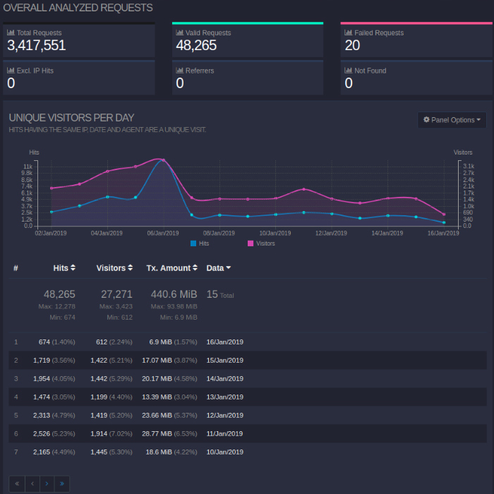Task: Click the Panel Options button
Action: click(452, 120)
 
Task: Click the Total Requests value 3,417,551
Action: click(36, 46)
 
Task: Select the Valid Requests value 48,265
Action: click(196, 46)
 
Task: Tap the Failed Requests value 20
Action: click(352, 46)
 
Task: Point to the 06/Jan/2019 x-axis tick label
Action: click(162, 233)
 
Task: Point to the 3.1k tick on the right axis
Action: click(468, 167)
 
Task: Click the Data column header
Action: click(218, 268)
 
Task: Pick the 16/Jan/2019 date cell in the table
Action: click(224, 342)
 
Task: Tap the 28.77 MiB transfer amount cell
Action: click(156, 434)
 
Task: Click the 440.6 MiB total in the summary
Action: click(174, 294)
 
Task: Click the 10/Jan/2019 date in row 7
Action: click(224, 452)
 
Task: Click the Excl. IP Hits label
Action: click(35, 71)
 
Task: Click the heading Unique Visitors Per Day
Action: click(71, 118)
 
